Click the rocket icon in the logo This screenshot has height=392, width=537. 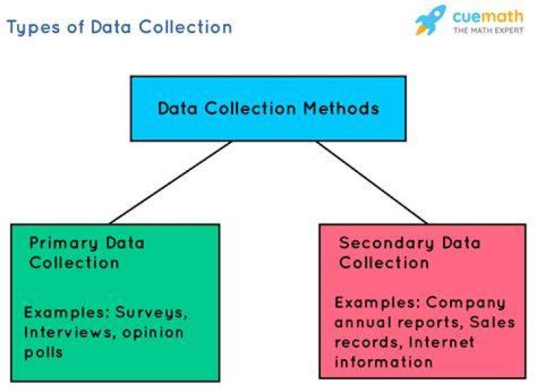430,20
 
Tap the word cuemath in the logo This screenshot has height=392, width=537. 488,16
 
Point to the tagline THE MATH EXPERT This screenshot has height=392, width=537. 489,31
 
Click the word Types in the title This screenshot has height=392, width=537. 34,28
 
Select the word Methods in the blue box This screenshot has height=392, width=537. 341,108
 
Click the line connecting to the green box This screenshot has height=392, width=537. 171,183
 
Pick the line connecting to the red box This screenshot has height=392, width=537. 372,183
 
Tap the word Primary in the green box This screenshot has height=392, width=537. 63,244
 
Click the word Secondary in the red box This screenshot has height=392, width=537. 386,244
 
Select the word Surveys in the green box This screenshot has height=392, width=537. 151,313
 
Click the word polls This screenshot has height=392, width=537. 43,353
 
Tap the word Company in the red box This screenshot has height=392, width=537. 465,303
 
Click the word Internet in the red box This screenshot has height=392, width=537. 442,342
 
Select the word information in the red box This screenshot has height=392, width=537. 383,362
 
